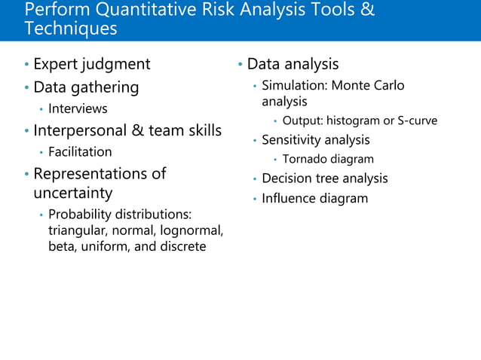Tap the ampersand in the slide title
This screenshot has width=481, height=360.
366,11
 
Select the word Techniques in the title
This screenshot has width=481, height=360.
71,29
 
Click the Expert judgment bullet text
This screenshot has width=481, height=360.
92,64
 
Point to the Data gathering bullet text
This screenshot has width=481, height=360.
86,87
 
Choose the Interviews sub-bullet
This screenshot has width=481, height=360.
78,108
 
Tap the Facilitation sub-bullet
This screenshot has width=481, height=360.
80,152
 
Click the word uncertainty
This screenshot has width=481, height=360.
73,193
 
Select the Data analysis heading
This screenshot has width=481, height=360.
293,64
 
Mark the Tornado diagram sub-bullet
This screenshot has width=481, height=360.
328,159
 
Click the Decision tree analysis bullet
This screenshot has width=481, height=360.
324,178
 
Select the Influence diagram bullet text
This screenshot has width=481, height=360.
314,199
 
